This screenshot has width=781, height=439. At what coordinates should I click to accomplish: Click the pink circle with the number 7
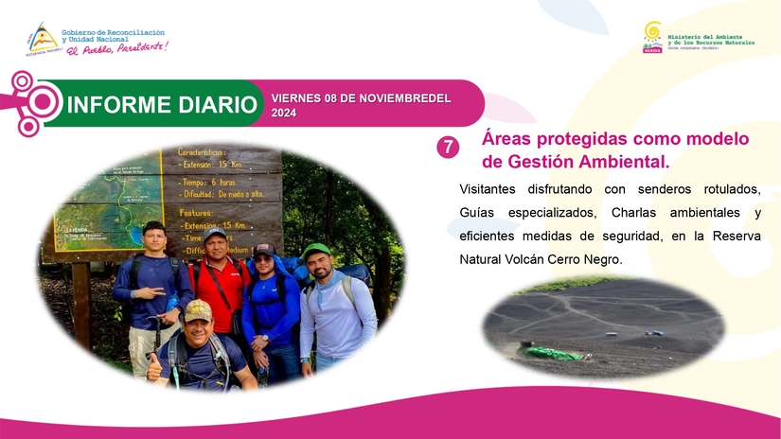click(x=447, y=147)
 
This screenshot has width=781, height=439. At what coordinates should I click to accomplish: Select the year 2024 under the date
click(x=284, y=113)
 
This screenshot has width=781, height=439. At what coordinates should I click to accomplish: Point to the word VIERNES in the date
click(x=295, y=98)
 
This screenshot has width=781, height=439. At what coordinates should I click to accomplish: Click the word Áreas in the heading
click(x=507, y=139)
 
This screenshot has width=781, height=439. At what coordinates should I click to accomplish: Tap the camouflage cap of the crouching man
click(x=198, y=309)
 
